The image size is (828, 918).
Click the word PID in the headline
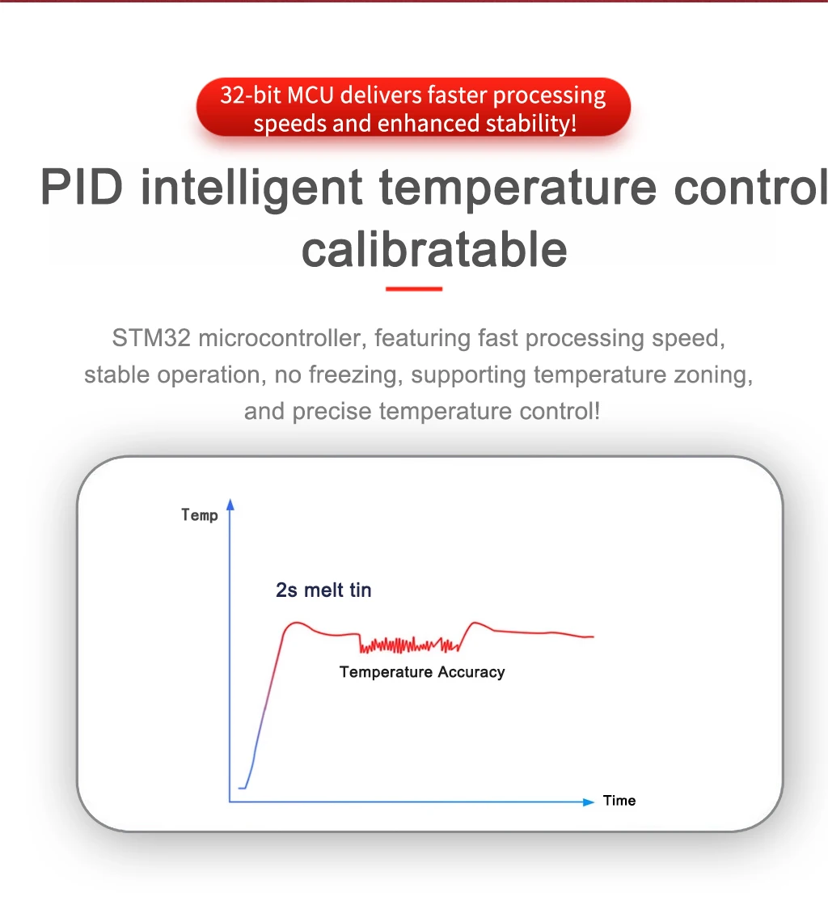[x=82, y=188]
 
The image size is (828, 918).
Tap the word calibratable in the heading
[x=434, y=250]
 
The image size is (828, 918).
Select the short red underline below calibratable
[x=414, y=289]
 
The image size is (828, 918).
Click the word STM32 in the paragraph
[x=151, y=338]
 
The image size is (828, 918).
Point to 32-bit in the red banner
[x=251, y=95]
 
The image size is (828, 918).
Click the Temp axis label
[x=200, y=515]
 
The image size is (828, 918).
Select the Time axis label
[x=619, y=801]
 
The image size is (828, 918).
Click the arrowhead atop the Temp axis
[x=230, y=504]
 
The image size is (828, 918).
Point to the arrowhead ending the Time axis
[x=589, y=802]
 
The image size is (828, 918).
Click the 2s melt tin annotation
[x=323, y=590]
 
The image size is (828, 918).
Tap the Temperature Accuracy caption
[x=422, y=672]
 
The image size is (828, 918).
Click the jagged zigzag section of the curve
[x=409, y=645]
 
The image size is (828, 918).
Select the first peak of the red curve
[x=297, y=623]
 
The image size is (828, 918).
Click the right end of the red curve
[x=594, y=637]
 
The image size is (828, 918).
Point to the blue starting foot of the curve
[x=243, y=788]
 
